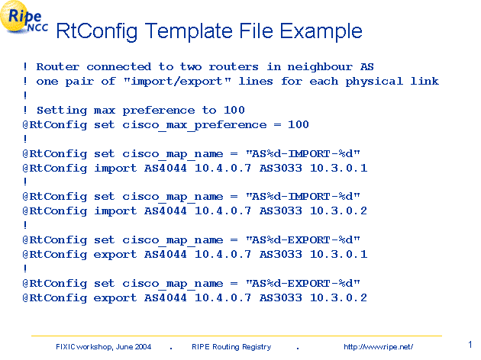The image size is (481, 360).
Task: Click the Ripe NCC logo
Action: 24,18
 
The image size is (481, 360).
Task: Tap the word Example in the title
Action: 321,31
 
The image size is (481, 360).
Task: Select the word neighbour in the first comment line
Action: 320,67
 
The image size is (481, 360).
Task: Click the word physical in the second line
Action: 374,82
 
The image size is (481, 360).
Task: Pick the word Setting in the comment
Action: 62,111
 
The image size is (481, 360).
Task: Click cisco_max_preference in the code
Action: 195,125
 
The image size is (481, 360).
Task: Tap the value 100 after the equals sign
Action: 299,124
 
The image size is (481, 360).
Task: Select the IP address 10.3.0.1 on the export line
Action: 338,254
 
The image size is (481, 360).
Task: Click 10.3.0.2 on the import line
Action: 338,211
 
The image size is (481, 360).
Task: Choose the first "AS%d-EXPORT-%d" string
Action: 303,240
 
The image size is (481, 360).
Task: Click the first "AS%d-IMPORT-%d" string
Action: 303,153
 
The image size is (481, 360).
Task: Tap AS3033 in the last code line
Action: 281,297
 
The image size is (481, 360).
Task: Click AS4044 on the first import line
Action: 166,168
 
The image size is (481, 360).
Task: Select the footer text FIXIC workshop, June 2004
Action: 103,347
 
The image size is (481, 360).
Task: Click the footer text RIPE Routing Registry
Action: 231,347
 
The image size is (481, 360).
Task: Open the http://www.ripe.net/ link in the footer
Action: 378,347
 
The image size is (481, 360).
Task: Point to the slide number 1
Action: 470,345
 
